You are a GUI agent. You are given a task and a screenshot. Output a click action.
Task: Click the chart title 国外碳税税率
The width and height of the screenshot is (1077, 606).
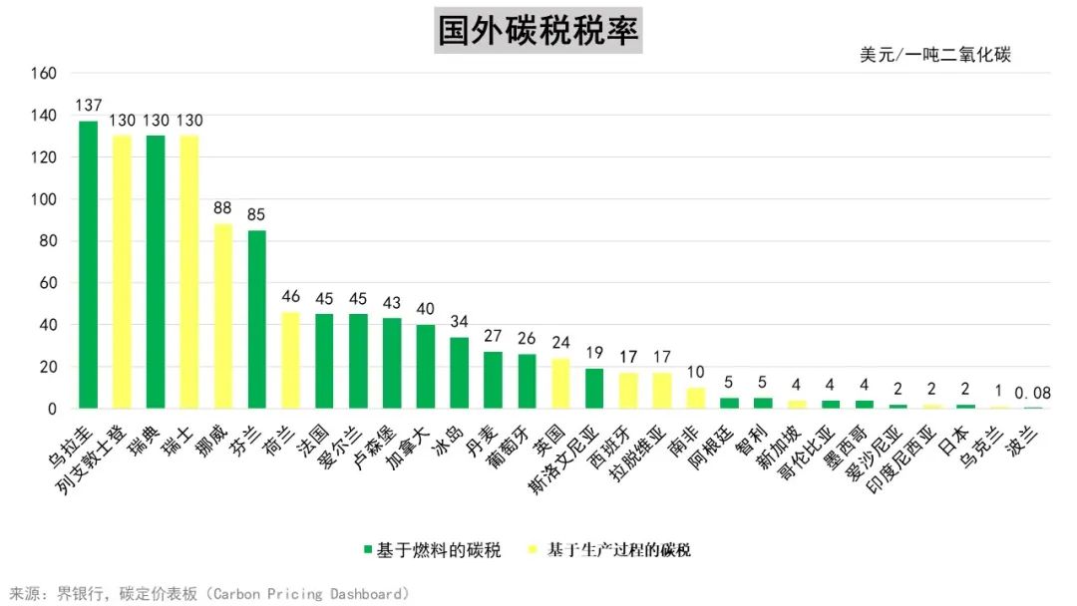coord(538,31)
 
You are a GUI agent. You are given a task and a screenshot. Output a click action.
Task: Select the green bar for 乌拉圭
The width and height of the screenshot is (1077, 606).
coord(89,264)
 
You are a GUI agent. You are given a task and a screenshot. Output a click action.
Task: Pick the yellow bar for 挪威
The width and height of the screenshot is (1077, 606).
coord(223,316)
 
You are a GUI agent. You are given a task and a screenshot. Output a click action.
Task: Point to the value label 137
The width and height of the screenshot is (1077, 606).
coord(89,106)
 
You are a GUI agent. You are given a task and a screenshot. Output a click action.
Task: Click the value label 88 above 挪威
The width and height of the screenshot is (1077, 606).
coord(223,208)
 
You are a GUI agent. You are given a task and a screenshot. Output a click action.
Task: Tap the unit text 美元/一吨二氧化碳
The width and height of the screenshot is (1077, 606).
coord(934,55)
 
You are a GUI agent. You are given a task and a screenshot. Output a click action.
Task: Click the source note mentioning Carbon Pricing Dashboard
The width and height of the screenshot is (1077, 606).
coord(209,594)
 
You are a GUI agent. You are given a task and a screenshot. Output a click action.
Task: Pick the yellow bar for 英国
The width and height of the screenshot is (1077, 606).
coord(560,384)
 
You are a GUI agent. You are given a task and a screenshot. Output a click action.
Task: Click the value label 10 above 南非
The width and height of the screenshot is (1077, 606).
coord(695,372)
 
